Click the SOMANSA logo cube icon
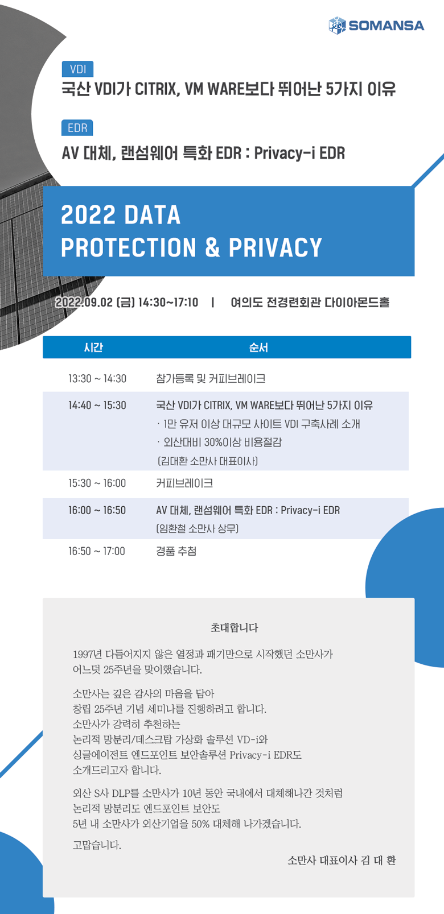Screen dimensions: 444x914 click(x=337, y=25)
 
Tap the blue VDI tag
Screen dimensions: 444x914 click(x=77, y=69)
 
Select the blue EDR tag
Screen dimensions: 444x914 click(x=77, y=128)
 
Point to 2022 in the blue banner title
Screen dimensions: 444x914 click(x=88, y=214)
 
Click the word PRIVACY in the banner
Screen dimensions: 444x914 click(x=276, y=247)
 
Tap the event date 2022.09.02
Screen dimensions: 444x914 click(x=84, y=303)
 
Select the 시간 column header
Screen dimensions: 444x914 click(x=93, y=348)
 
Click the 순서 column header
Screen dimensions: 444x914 click(x=258, y=348)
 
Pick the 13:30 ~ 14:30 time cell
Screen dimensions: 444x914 click(x=97, y=379)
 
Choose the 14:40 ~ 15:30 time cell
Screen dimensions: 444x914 click(x=97, y=405)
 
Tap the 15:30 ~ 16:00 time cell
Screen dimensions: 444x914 click(x=97, y=483)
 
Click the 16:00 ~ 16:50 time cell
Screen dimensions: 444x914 click(x=97, y=510)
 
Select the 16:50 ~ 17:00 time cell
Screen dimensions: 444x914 click(x=97, y=551)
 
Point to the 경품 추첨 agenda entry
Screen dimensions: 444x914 click(x=176, y=551)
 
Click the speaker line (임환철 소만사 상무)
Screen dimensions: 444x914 click(x=198, y=529)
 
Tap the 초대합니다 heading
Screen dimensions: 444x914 click(x=234, y=627)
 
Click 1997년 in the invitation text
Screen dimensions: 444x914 click(x=88, y=655)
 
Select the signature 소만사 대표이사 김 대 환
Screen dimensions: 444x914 click(x=342, y=861)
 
